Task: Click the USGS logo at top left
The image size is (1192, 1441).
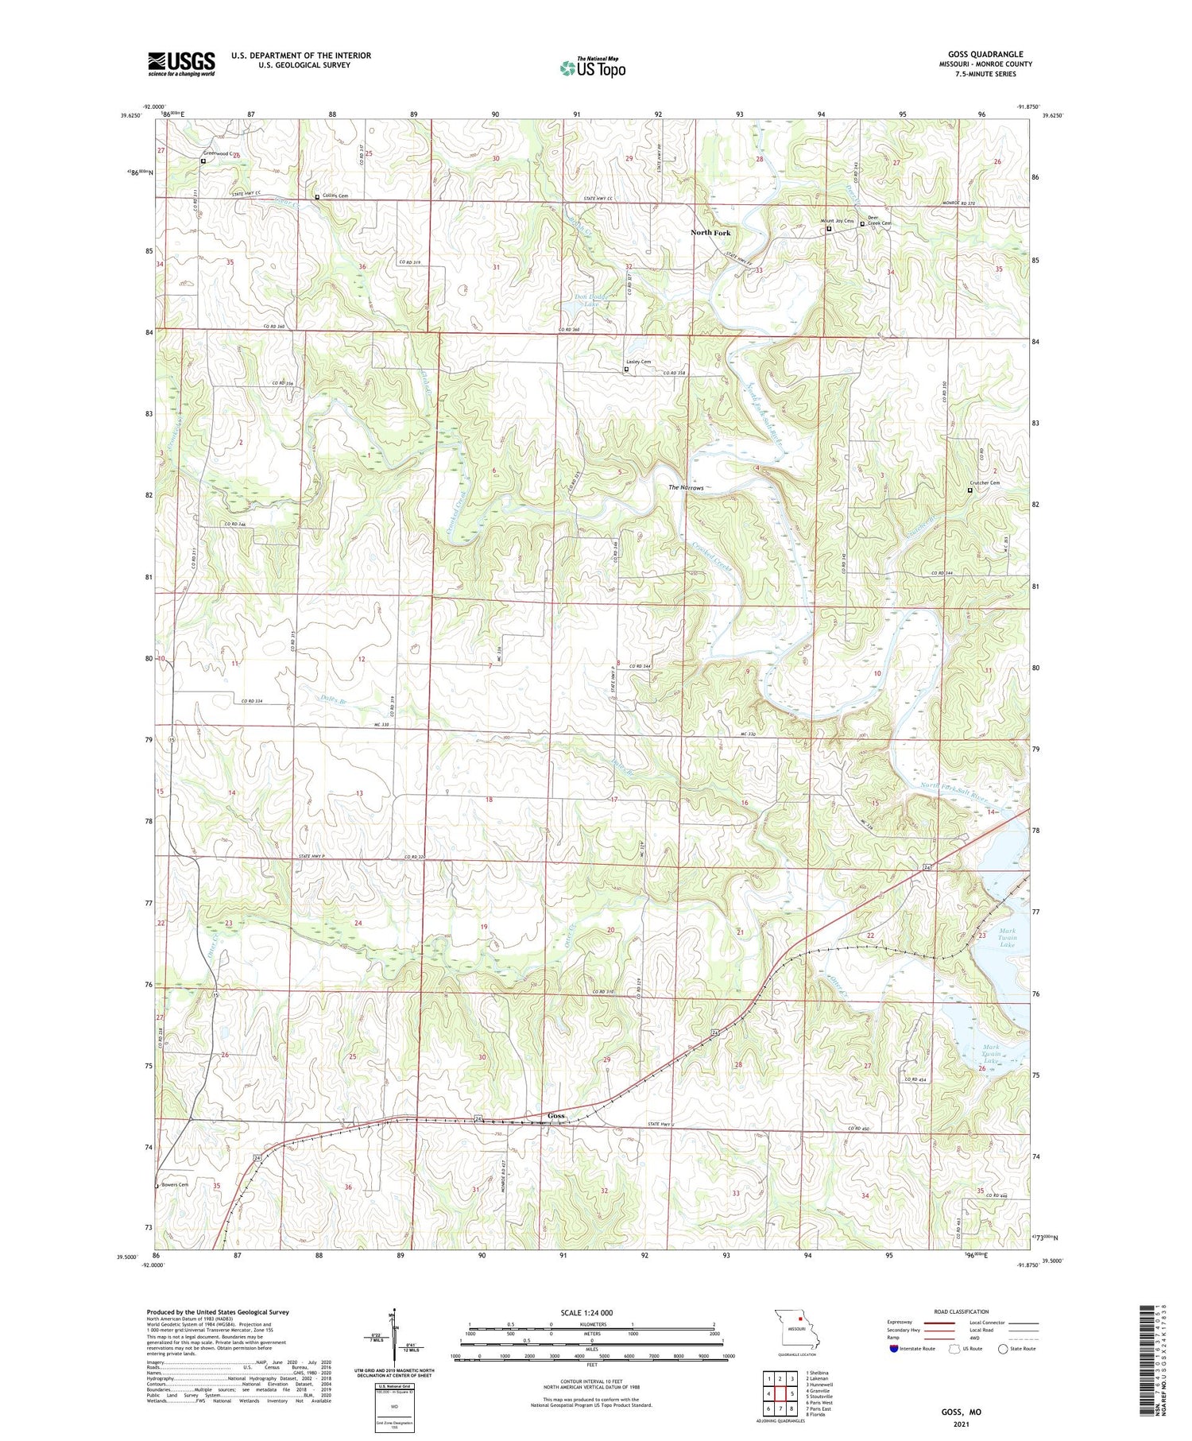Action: (181, 64)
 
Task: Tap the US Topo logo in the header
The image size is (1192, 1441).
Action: (592, 68)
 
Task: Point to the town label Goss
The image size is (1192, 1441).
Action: (556, 1116)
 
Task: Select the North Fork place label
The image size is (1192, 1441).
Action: (710, 233)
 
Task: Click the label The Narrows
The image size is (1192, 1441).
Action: (685, 487)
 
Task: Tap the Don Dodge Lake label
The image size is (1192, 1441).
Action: (591, 300)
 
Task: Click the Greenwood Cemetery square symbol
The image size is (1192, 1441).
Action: (203, 161)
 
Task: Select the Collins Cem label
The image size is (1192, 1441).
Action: (335, 196)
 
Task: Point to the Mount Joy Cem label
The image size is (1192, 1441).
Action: (836, 221)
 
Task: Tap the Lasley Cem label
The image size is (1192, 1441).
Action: (638, 362)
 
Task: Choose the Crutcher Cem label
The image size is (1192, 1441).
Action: (984, 483)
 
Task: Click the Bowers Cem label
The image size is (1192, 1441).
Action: (175, 1184)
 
